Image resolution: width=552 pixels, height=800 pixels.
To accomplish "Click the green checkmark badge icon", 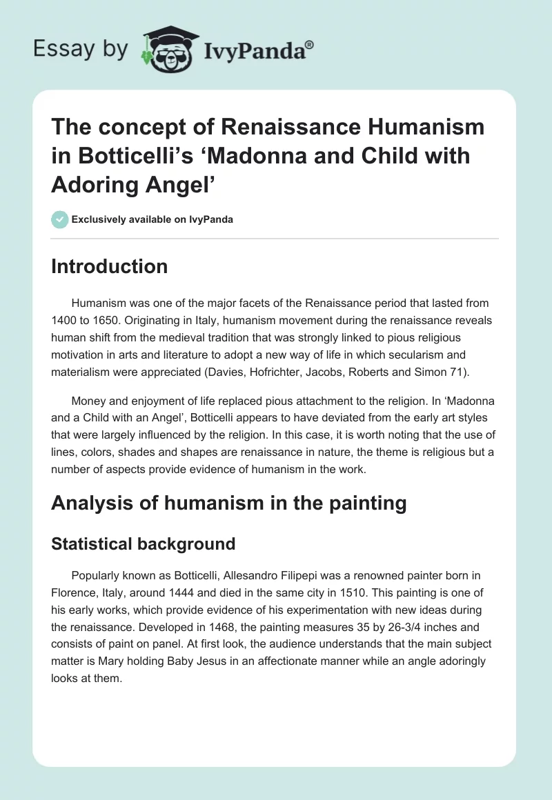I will pyautogui.click(x=59, y=220).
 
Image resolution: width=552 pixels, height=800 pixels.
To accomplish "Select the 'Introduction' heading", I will pyautogui.click(x=109, y=266).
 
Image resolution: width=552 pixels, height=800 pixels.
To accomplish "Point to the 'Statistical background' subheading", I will pyautogui.click(x=143, y=543).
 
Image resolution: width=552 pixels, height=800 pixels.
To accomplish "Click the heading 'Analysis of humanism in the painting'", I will pyautogui.click(x=228, y=503).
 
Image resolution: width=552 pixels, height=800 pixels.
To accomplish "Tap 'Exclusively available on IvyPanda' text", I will pyautogui.click(x=152, y=220).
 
